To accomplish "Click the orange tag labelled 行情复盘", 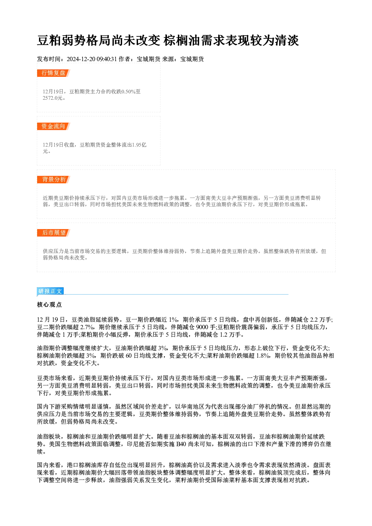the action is (53, 73).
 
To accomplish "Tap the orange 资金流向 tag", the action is (53, 126).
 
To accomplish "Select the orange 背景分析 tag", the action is (53, 180).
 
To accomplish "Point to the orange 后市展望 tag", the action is (53, 233).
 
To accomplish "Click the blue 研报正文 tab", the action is (50, 291).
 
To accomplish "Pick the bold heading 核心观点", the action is (49, 305).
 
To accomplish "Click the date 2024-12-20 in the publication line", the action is (81, 59).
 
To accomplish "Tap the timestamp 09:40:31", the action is (106, 59).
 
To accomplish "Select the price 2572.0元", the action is (52, 98).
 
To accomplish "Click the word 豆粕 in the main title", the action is (49, 40).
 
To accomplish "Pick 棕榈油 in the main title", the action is (182, 40).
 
